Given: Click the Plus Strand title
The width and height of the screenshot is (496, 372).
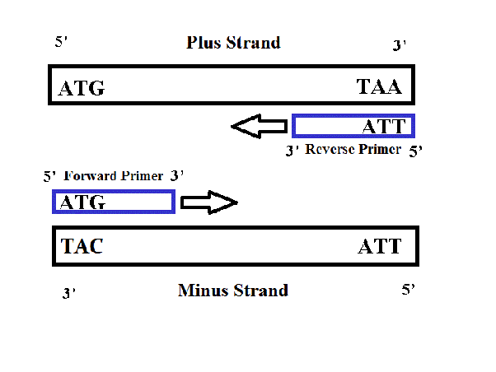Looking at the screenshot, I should (233, 42).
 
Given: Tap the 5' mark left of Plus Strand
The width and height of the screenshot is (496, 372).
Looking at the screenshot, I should (62, 40).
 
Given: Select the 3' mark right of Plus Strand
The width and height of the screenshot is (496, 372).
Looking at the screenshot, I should (400, 45).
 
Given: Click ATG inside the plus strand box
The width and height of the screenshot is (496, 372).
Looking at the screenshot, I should (82, 88).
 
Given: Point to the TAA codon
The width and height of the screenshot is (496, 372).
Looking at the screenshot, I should (379, 86).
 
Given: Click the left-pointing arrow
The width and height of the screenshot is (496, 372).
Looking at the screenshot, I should (259, 126).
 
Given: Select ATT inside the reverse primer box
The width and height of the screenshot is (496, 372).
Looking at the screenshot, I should (384, 126).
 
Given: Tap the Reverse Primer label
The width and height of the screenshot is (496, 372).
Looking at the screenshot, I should (353, 149).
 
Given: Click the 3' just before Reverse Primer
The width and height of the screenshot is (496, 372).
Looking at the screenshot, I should (291, 151).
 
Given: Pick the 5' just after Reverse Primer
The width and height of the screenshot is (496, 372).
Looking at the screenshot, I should (416, 151).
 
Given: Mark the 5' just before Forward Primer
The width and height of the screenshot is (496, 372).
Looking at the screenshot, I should (50, 176).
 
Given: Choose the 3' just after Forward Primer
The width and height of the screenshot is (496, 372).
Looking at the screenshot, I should (175, 175).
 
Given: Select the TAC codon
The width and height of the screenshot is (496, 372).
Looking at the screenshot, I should (82, 246).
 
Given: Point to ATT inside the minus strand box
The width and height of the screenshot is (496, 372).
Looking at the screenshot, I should (380, 246).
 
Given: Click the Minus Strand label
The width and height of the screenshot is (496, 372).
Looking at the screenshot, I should (233, 290).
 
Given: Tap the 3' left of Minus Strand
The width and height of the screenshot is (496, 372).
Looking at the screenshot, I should (68, 292).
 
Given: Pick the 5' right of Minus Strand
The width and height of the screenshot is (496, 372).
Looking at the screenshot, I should (408, 290).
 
